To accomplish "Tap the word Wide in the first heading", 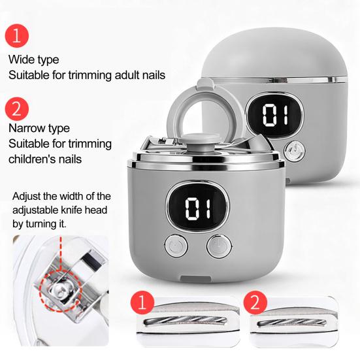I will tap(20, 59).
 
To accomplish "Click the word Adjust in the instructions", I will tap(27, 197).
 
